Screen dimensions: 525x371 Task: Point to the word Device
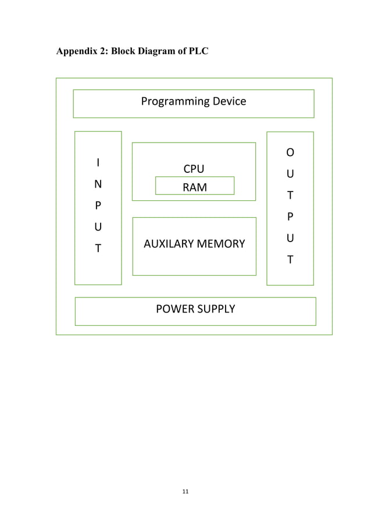(x=229, y=101)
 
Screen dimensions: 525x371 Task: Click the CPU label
(x=194, y=169)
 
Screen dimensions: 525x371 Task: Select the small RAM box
(x=195, y=186)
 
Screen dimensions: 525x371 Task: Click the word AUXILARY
(x=170, y=244)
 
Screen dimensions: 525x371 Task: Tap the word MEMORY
(x=222, y=244)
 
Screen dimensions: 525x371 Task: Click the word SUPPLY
(x=216, y=308)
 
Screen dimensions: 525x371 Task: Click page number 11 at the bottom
(x=185, y=492)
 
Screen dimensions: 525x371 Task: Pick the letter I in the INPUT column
(x=98, y=162)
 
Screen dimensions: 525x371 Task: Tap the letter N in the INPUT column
(x=98, y=184)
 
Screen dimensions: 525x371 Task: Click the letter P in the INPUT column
(x=98, y=205)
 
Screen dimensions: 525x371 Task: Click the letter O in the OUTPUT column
(x=290, y=152)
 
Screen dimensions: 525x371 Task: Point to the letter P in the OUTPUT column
(x=290, y=217)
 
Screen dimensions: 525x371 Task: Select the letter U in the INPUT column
(x=98, y=227)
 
